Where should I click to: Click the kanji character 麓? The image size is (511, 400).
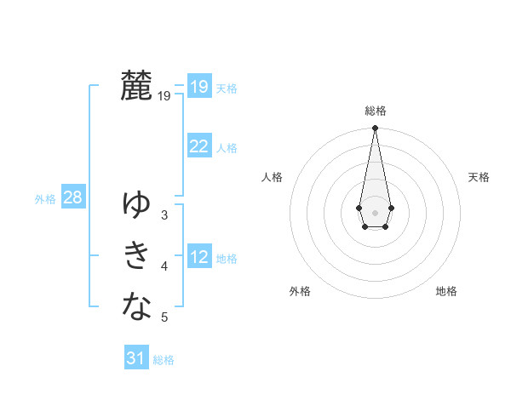tap(137, 86)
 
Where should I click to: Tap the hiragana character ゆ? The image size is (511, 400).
tap(137, 204)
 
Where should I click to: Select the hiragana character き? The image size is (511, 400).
tap(137, 255)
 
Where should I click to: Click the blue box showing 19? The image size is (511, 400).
tap(198, 87)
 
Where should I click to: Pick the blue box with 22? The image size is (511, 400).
tap(198, 146)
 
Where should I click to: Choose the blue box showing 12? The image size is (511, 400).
tap(198, 257)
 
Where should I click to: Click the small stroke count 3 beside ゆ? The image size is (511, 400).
tap(164, 215)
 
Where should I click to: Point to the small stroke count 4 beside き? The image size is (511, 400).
tap(164, 267)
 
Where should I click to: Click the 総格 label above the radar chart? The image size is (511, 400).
tap(375, 111)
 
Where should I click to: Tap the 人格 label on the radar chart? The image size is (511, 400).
tap(273, 177)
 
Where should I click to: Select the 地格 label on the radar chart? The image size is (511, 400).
tap(446, 291)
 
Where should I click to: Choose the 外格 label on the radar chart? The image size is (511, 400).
tap(300, 291)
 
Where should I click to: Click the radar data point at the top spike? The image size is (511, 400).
tap(375, 129)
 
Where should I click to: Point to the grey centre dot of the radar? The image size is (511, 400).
tap(375, 211)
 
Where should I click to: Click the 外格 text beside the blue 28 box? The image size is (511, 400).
tap(45, 199)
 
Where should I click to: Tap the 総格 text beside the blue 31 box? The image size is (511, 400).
tap(164, 360)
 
